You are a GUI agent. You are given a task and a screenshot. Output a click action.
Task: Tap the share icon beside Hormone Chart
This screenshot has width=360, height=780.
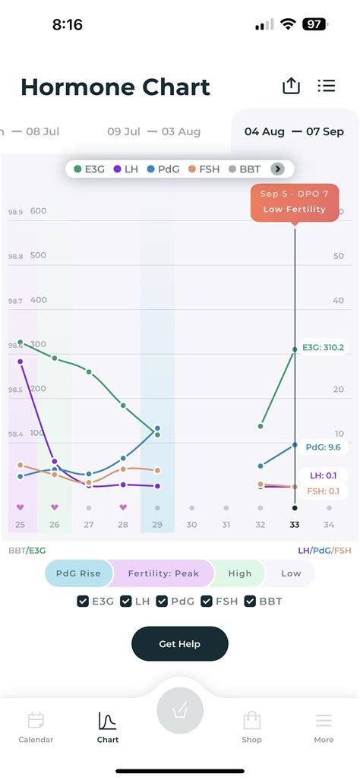291,86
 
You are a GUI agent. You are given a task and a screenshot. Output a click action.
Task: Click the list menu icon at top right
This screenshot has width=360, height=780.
327,86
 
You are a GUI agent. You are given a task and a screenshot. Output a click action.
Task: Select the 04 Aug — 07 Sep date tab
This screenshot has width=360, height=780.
294,131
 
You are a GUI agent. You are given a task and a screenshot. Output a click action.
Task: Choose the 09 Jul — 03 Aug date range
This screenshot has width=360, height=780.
154,131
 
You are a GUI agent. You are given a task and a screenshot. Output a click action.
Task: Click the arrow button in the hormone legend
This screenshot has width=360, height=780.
278,169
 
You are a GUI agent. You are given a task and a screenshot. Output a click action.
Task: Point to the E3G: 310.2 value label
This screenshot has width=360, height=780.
323,347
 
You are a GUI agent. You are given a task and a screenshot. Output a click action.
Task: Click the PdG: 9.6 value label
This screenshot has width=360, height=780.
323,447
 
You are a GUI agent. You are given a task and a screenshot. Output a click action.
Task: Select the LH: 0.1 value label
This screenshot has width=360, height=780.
323,475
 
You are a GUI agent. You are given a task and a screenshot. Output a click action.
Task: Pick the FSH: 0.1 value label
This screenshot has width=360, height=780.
323,491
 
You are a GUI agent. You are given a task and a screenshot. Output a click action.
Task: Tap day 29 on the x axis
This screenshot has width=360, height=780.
157,525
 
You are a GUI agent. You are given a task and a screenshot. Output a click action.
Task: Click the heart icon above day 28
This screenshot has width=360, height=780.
123,507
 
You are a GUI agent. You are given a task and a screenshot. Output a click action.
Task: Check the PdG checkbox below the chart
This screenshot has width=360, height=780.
163,602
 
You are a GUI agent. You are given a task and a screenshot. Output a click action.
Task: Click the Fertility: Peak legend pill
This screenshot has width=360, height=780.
163,573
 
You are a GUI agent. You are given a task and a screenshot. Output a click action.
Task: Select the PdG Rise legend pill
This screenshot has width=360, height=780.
78,573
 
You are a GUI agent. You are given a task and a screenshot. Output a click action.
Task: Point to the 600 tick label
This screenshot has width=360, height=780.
39,211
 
